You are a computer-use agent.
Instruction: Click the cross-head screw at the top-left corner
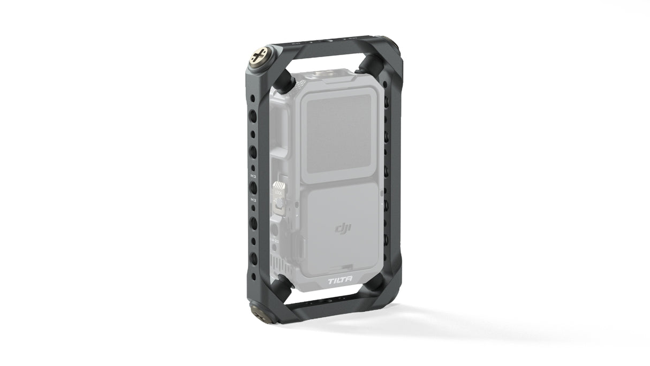tap(259, 55)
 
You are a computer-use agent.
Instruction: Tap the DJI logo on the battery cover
tap(343, 229)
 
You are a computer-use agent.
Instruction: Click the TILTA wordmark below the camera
tap(341, 280)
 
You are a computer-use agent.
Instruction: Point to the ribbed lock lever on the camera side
tap(277, 188)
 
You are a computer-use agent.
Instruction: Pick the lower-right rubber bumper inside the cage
tap(378, 284)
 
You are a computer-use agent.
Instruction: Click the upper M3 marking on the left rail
tap(253, 175)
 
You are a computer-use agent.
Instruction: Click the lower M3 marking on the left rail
tap(253, 200)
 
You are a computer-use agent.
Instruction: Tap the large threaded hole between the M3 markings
tap(253, 187)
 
